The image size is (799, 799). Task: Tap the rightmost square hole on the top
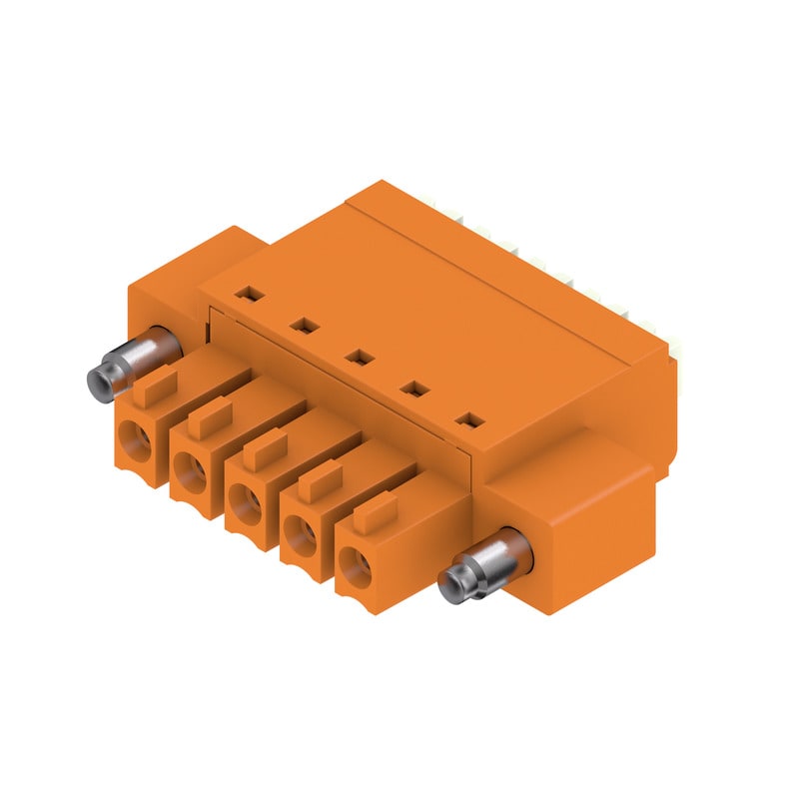click(x=465, y=420)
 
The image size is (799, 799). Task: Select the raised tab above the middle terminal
click(x=262, y=447)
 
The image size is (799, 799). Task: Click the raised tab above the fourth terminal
click(x=318, y=481)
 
